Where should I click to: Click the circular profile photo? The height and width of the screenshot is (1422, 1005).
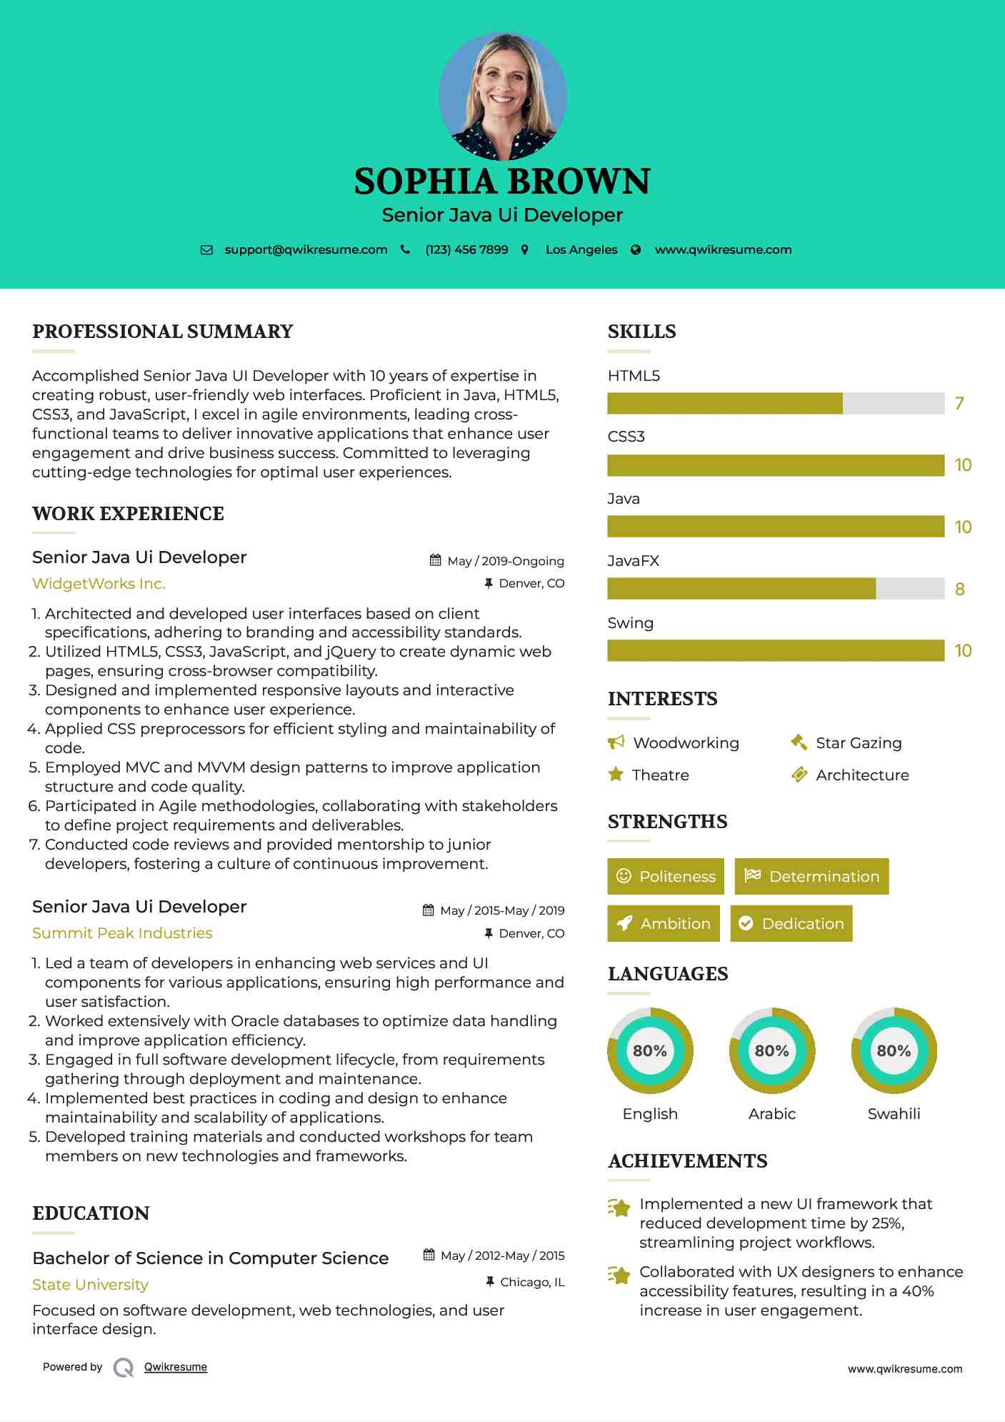coord(502,95)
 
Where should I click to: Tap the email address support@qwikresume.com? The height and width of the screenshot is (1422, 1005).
coord(306,249)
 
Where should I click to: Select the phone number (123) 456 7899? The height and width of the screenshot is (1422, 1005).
coord(466,249)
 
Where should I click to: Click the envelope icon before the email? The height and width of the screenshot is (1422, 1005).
coord(206,250)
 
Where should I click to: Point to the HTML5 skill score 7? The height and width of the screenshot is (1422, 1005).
coord(959,404)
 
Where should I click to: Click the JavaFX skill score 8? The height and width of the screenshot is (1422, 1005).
coord(959,590)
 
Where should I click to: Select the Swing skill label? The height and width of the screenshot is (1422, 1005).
coord(630,623)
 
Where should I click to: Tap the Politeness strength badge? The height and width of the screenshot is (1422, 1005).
coord(666,876)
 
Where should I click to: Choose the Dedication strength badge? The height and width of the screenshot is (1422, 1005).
coord(791,923)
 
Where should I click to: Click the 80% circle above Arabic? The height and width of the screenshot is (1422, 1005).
coord(771,1050)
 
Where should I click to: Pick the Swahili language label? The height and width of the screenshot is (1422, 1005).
coord(894,1113)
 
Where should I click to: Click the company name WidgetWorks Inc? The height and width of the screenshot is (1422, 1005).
coord(99,584)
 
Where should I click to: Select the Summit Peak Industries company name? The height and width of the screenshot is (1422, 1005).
coord(122,933)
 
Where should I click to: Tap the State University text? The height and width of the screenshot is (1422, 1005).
coord(90,1285)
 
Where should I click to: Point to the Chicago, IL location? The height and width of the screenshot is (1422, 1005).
coord(532,1282)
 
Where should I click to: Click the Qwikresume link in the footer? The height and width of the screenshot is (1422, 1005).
coord(175,1367)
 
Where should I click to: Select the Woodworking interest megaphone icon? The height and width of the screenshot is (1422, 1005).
coord(616,742)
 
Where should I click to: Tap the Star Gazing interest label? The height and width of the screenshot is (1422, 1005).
coord(859,743)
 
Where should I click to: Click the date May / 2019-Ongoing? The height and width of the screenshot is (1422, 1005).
coord(505,561)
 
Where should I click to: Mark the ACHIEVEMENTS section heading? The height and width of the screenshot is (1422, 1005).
coord(687,1161)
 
